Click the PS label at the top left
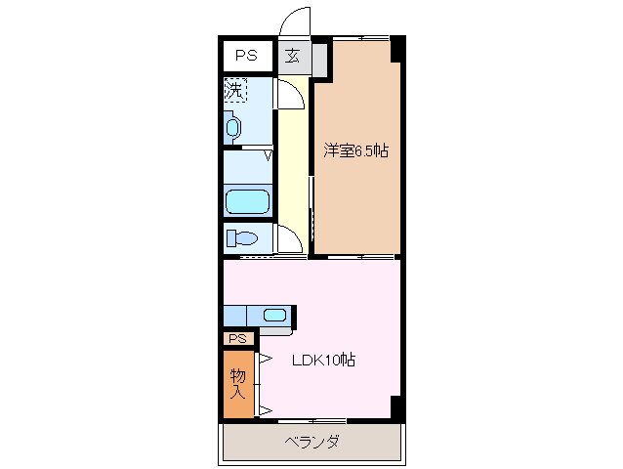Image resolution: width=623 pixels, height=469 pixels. tap(245, 56)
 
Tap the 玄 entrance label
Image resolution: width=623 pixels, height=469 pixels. tap(293, 56)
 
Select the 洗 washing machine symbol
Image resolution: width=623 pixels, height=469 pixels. tap(234, 90)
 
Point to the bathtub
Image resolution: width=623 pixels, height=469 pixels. tap(247, 202)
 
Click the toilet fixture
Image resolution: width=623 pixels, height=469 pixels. tap(242, 237)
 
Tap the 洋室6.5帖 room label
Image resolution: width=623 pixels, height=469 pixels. tap(356, 150)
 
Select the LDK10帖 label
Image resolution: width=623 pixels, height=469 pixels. tap(324, 360)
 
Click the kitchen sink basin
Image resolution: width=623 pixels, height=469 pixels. tap(274, 315)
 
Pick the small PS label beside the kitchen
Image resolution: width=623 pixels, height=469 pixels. tap(237, 338)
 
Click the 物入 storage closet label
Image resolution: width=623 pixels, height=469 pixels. tap(237, 383)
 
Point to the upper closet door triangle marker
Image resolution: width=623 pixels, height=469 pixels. tap(264, 358)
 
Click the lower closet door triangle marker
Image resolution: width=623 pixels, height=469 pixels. tap(264, 408)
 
